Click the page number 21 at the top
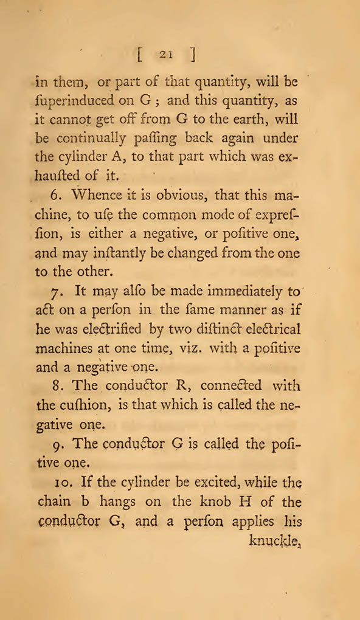(165, 54)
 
